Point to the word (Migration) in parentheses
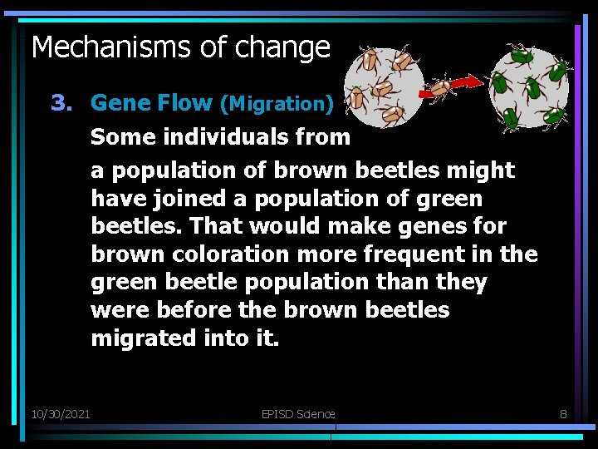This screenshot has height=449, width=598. click(277, 104)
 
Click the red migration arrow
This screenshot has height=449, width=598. click(469, 81)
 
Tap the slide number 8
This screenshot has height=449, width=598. click(563, 413)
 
